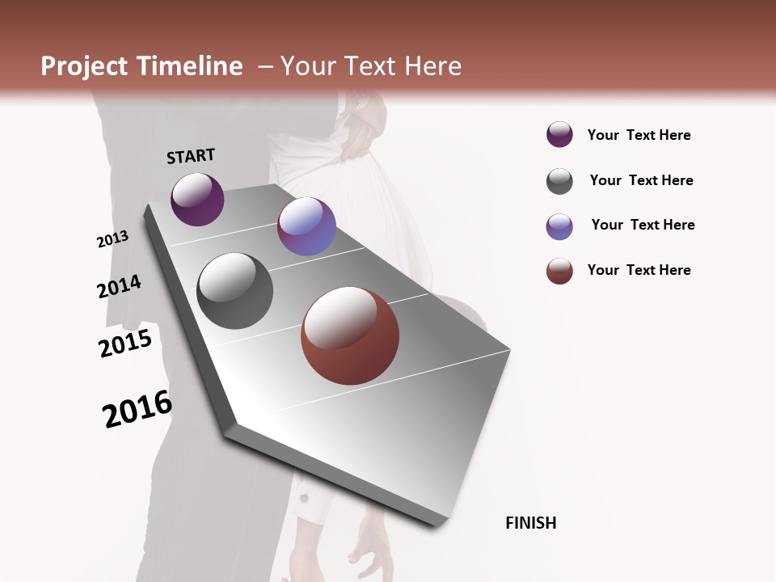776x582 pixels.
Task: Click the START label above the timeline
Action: (x=191, y=156)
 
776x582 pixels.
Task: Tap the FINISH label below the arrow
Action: (x=530, y=523)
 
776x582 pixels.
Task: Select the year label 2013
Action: (x=112, y=239)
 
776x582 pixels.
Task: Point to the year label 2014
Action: (x=119, y=286)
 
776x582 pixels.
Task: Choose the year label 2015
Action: (x=125, y=344)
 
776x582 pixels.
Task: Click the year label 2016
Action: (x=137, y=409)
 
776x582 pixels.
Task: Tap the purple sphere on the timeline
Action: (x=197, y=199)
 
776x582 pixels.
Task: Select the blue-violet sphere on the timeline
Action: (x=306, y=226)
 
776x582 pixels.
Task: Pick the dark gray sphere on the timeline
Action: (x=234, y=291)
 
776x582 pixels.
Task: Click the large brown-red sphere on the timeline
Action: (x=350, y=335)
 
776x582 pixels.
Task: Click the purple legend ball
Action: (x=559, y=135)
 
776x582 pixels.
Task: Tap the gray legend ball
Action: (x=559, y=181)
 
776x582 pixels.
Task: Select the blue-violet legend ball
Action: (x=559, y=226)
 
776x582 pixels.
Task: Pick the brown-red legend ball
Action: (x=559, y=271)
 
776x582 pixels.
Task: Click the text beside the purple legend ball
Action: (x=639, y=136)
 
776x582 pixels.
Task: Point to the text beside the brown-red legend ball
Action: (x=639, y=270)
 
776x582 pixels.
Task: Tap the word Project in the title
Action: (x=83, y=66)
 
